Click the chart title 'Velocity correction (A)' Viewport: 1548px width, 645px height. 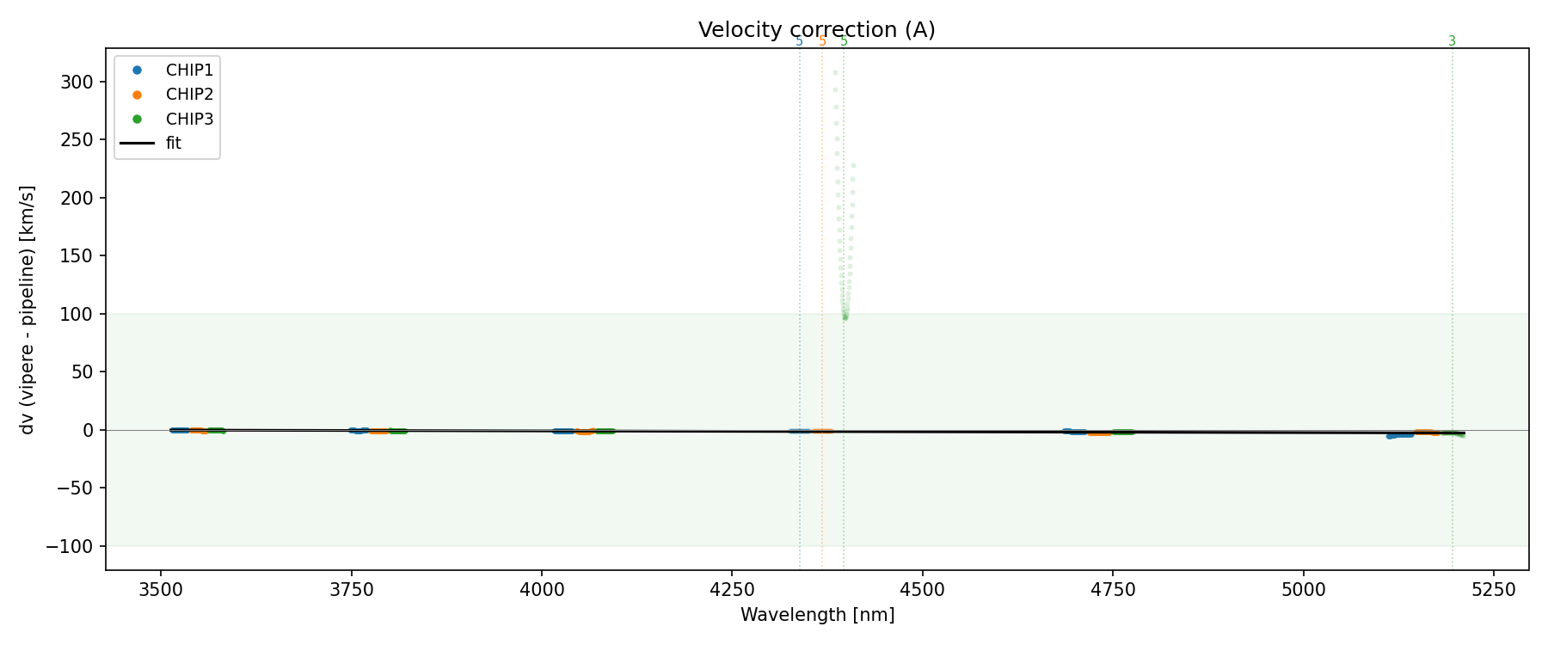(x=816, y=30)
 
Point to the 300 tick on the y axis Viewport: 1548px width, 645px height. (x=83, y=82)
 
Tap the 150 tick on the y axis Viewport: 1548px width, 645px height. (x=83, y=255)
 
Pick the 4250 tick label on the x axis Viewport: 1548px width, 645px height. (x=731, y=589)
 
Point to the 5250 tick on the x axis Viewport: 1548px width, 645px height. (x=1493, y=589)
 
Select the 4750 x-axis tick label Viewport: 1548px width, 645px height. (x=1112, y=589)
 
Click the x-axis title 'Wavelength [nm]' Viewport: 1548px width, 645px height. (x=817, y=615)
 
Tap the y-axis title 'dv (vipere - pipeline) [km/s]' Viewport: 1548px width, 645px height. (x=28, y=310)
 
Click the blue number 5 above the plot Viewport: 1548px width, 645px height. (x=799, y=41)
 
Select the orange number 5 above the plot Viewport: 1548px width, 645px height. (x=822, y=41)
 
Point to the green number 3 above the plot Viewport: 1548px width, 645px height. (x=1452, y=41)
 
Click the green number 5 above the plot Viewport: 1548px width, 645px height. (x=844, y=41)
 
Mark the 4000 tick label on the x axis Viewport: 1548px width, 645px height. (x=541, y=589)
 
